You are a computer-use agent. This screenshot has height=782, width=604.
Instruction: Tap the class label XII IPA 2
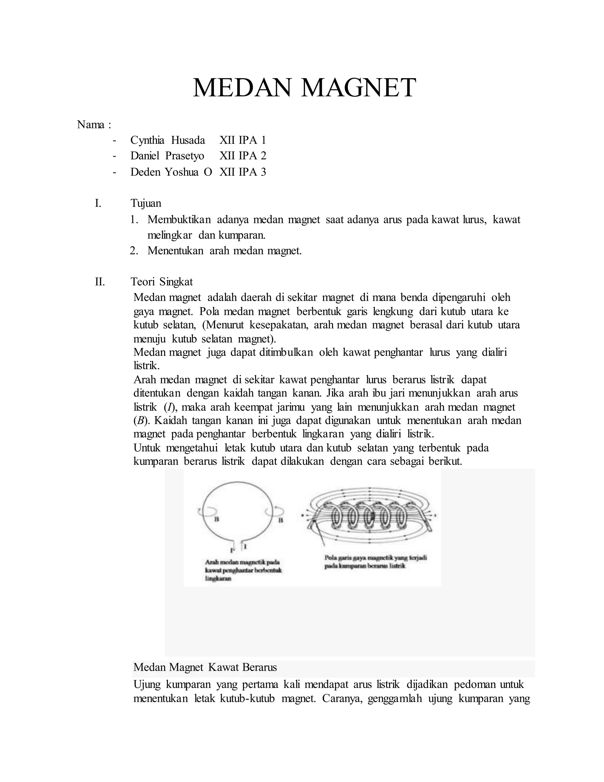coord(243,156)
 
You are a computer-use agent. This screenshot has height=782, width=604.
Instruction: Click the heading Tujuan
coord(146,203)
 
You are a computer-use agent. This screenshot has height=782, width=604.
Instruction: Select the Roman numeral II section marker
coord(100,282)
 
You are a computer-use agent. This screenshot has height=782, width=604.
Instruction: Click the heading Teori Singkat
coord(162,282)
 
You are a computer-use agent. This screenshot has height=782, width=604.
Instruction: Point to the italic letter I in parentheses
coord(168,407)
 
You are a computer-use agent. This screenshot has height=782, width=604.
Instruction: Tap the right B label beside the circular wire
coord(280,520)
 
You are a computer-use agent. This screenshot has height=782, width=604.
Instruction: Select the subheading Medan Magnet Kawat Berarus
coord(205,667)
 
